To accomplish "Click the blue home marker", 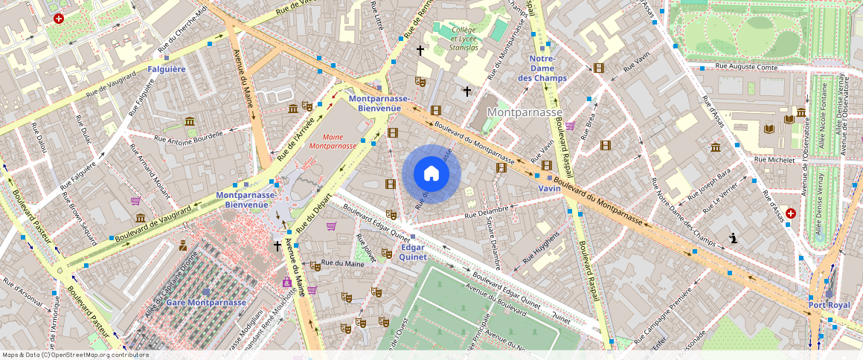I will click(x=431, y=173).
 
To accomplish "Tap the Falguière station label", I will click(x=166, y=69).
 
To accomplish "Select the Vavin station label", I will click(x=549, y=189).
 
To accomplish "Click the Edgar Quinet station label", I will click(x=413, y=251).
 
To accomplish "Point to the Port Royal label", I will click(x=829, y=305).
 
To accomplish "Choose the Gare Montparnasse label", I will click(x=205, y=303).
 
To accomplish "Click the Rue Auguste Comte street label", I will click(x=746, y=67).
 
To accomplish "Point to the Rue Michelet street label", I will click(x=774, y=159).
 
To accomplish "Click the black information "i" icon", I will click(x=734, y=239).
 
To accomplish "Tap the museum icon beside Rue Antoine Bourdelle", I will click(x=190, y=121).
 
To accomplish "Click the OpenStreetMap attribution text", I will click(x=75, y=355).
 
